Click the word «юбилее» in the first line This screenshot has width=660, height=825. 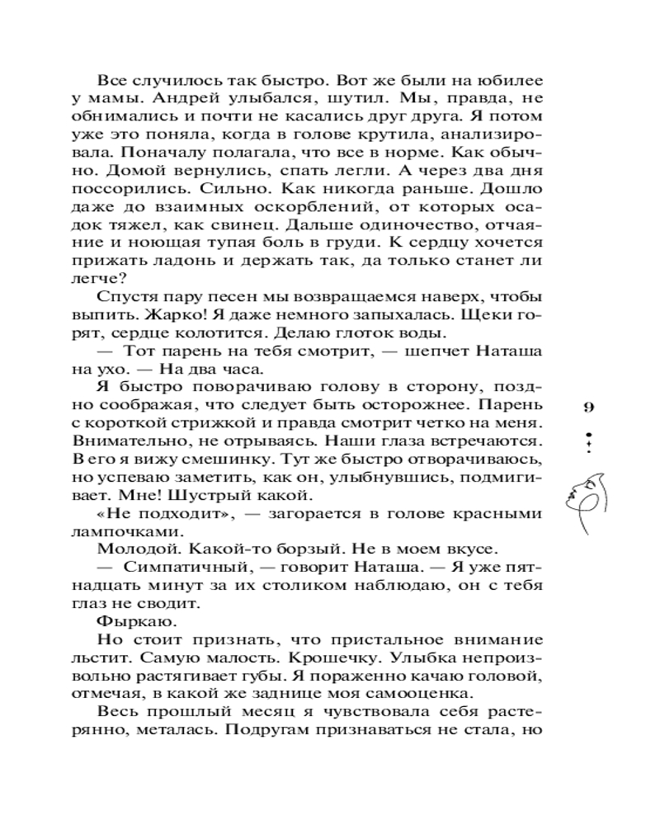(x=512, y=82)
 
